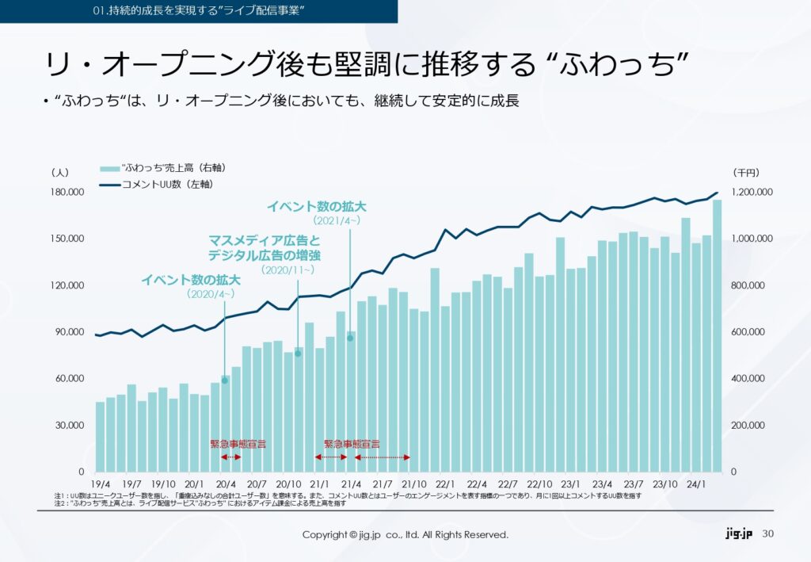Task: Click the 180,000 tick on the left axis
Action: (x=67, y=193)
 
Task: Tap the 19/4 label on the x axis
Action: (x=101, y=484)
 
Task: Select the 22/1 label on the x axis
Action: (x=444, y=484)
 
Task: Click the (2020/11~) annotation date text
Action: (x=288, y=270)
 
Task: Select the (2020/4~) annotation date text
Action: (x=211, y=294)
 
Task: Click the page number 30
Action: (x=767, y=534)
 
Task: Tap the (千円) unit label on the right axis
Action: (x=745, y=172)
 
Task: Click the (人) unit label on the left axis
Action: (x=59, y=172)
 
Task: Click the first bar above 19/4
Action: (x=100, y=437)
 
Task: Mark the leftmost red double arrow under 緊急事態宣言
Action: (x=230, y=457)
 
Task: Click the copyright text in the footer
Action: (x=405, y=535)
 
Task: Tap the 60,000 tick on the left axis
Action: (x=70, y=379)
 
